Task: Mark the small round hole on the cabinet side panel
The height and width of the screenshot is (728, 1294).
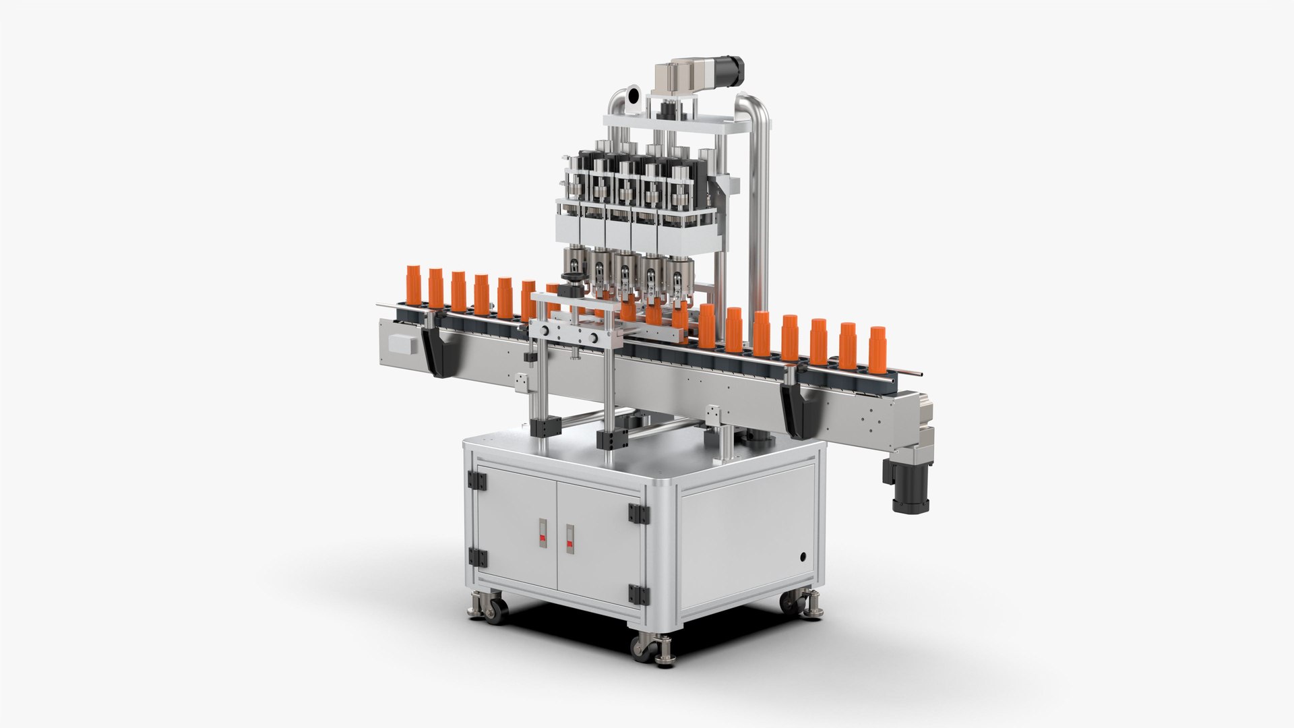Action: [803, 557]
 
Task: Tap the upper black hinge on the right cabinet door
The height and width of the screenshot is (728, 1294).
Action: [636, 513]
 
